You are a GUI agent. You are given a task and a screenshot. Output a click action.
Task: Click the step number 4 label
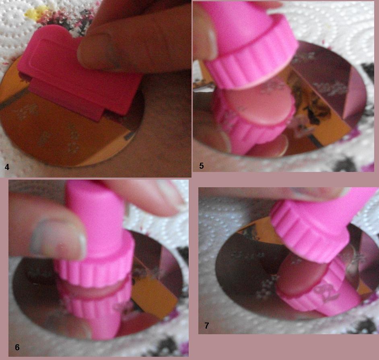[x=7, y=166]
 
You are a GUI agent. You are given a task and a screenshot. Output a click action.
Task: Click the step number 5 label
[x=202, y=165]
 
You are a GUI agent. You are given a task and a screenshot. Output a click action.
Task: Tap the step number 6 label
[x=17, y=347]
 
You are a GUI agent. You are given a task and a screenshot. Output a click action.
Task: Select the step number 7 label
[x=207, y=325]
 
